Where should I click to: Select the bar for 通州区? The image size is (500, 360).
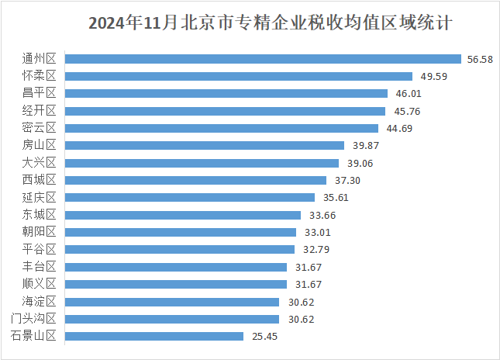(263, 58)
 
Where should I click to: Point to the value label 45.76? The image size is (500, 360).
(402, 111)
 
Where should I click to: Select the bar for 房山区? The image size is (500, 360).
(205, 145)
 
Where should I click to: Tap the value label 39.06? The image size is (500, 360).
(356, 163)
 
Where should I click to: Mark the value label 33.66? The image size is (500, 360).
(318, 215)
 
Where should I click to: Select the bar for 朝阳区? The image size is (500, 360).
(181, 232)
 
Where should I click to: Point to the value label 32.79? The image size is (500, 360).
(312, 250)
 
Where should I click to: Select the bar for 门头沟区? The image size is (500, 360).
(172, 319)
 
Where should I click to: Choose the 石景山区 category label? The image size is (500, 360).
(35, 336)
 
